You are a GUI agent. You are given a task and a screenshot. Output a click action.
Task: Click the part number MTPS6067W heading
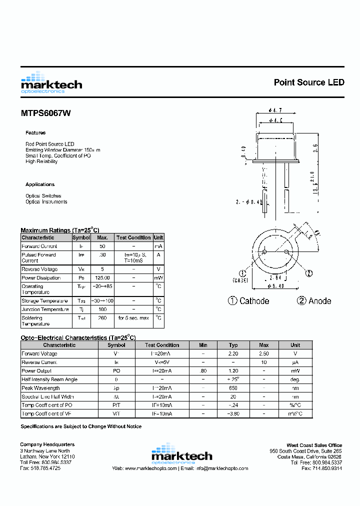(x=45, y=113)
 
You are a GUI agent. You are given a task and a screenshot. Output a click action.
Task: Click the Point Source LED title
(x=308, y=82)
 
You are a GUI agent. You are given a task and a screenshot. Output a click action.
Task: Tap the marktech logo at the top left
(x=51, y=83)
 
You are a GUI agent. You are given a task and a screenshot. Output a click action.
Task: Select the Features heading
(x=35, y=133)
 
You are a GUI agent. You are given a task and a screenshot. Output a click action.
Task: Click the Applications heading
(x=40, y=184)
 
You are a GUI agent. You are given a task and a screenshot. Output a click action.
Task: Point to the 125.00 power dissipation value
(x=102, y=278)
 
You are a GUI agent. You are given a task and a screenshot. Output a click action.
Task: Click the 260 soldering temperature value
(x=102, y=318)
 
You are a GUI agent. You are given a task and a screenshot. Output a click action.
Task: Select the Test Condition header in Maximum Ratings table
(x=133, y=237)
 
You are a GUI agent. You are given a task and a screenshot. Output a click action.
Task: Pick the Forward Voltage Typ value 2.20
(x=233, y=353)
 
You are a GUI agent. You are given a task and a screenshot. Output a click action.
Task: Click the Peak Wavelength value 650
(x=233, y=388)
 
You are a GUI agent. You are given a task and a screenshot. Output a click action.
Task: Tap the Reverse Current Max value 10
(x=263, y=362)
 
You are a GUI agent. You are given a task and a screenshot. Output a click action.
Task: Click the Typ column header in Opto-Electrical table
(x=233, y=345)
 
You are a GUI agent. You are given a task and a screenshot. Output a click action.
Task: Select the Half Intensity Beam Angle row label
(x=49, y=379)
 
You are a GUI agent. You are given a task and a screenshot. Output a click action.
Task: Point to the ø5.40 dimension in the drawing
(x=276, y=286)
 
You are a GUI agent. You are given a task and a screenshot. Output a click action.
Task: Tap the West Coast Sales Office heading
(x=314, y=445)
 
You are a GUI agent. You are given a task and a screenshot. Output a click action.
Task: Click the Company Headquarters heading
(x=47, y=444)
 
